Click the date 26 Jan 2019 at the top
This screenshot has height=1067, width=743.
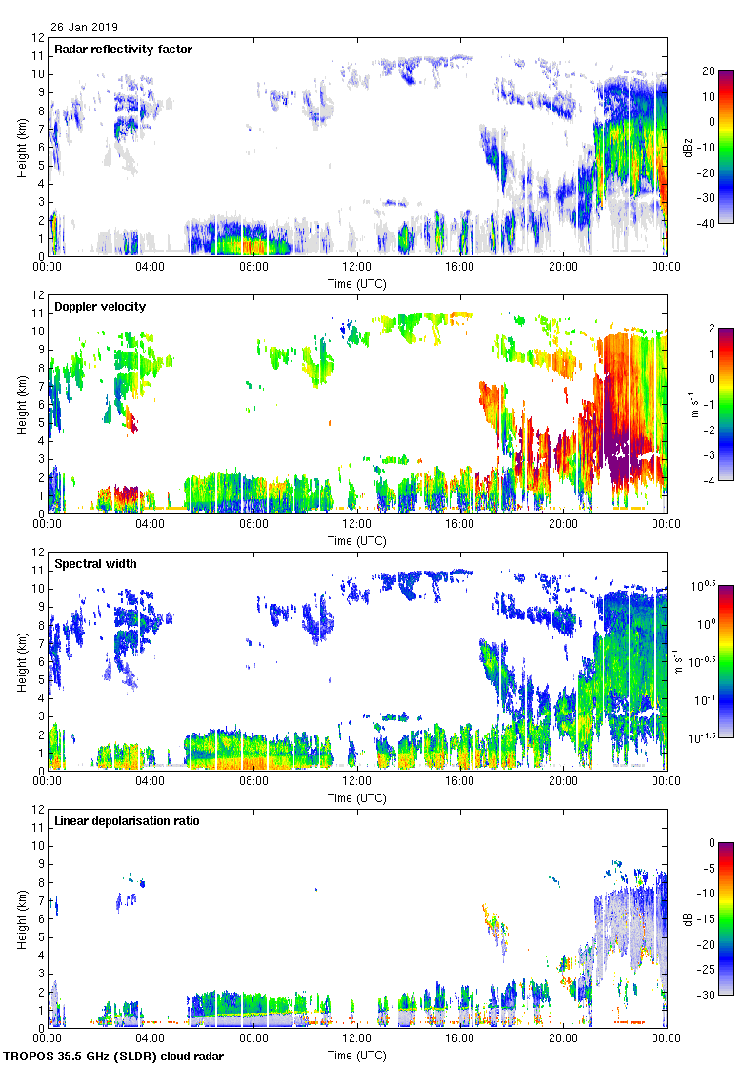tap(85, 28)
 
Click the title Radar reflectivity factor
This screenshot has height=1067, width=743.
tap(124, 50)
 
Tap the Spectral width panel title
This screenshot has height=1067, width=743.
tap(95, 564)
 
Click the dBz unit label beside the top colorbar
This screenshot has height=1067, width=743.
tap(688, 147)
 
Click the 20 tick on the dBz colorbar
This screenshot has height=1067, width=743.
tap(708, 71)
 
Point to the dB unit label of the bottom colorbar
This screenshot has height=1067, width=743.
tap(688, 918)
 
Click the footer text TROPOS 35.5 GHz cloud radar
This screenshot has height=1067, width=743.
tap(115, 1057)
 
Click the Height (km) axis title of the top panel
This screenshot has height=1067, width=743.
tap(21, 147)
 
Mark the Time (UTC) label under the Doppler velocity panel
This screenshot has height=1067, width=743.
tap(357, 540)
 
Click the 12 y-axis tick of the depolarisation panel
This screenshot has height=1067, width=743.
tap(38, 810)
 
